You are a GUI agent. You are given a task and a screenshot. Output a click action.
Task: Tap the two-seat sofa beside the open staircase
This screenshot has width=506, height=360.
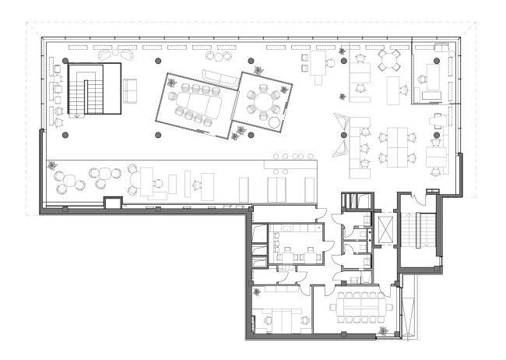[129, 91]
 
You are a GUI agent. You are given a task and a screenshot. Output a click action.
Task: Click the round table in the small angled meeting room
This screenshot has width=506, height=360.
[262, 101]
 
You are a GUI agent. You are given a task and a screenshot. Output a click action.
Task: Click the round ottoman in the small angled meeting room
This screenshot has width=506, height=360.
[274, 122]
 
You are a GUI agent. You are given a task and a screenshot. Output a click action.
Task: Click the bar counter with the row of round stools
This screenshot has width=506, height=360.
[292, 164]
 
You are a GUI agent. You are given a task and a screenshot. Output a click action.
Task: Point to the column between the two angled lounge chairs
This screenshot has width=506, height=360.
[343, 136]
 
